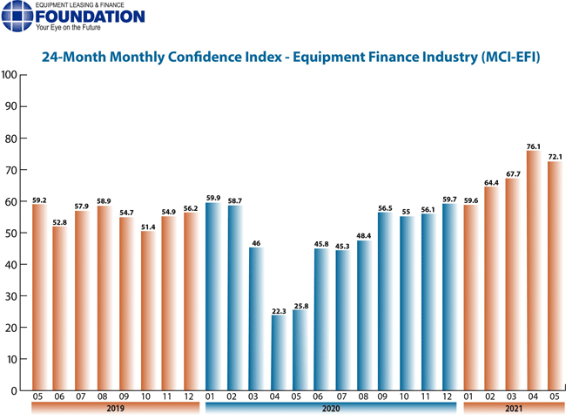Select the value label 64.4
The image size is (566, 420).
tap(492, 181)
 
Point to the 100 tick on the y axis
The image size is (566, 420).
tap(9, 75)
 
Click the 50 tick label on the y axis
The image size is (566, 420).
tap(10, 233)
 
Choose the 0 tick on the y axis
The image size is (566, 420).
tap(13, 390)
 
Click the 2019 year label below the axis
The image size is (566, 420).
tap(116, 408)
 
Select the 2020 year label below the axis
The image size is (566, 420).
tap(331, 408)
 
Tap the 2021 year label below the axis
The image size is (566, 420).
tap(513, 408)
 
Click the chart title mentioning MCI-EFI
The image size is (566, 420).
tap(292, 58)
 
